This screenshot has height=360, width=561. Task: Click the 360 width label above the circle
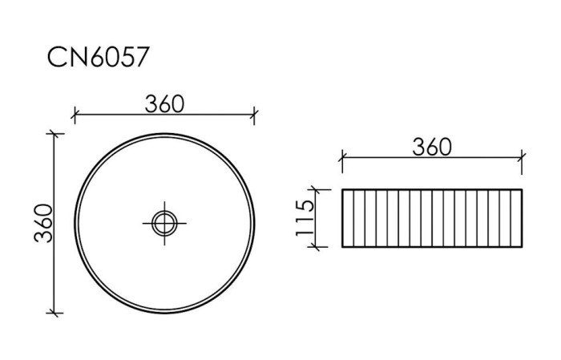(x=164, y=103)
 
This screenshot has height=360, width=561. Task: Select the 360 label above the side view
(x=432, y=147)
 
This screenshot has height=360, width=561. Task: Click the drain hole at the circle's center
(x=164, y=221)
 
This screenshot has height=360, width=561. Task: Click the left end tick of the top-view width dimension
(x=74, y=115)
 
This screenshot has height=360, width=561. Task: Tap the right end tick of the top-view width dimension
(x=254, y=115)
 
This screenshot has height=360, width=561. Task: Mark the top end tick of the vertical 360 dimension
(x=54, y=133)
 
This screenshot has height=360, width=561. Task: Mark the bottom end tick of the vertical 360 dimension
(x=54, y=313)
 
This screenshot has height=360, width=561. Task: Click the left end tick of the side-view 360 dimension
(x=342, y=158)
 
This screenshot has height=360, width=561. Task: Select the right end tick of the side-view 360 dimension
(x=523, y=158)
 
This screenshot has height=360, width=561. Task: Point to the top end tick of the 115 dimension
(x=319, y=190)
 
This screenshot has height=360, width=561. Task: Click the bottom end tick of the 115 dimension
(x=319, y=246)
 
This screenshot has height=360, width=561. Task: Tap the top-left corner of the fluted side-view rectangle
(x=342, y=190)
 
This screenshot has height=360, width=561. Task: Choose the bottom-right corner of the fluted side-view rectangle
(x=523, y=246)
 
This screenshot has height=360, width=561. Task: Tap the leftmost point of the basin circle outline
(x=75, y=222)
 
